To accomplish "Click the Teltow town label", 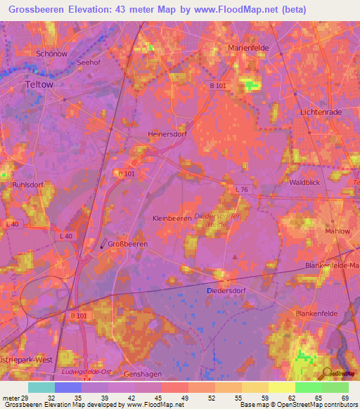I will click(x=39, y=84).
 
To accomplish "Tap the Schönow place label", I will click(x=51, y=53).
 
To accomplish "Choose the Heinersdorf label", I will click(x=167, y=134).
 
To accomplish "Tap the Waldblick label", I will click(x=305, y=182).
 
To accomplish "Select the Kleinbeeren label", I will click(x=172, y=219).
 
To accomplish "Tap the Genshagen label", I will click(x=143, y=375).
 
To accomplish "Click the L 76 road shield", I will click(x=243, y=190).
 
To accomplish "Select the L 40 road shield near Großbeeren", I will click(x=66, y=236).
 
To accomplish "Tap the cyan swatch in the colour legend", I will click(x=41, y=387).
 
